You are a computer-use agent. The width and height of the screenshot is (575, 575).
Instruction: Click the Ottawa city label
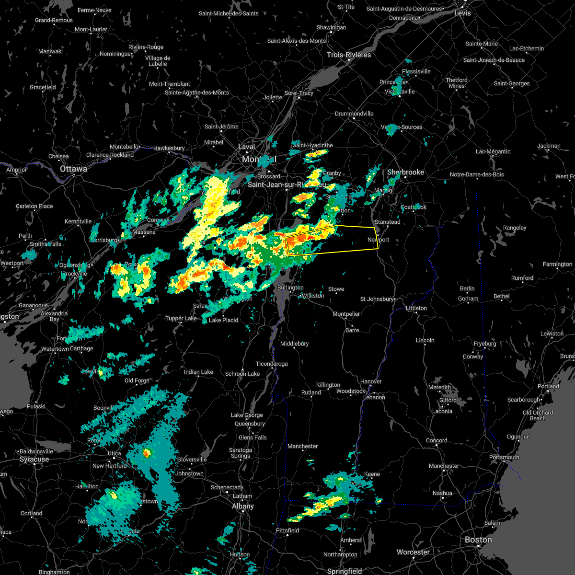(73, 169)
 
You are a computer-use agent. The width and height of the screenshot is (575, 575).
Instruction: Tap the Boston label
(478, 540)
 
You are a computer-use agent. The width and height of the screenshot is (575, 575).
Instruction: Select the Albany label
(243, 506)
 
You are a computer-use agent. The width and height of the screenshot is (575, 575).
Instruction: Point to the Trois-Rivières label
(349, 55)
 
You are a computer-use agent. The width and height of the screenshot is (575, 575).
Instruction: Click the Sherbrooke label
(405, 172)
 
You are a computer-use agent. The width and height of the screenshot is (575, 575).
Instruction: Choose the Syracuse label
(34, 459)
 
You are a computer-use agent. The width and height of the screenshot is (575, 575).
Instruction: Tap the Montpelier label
(346, 314)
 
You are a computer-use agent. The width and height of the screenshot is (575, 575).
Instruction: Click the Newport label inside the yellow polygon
(379, 240)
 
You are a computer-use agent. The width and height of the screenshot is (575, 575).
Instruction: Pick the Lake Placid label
(223, 320)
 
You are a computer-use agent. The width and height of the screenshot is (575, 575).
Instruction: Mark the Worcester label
(413, 552)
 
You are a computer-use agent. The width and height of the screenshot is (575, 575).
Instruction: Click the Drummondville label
(354, 114)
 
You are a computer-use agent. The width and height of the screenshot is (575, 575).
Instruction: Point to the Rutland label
(311, 392)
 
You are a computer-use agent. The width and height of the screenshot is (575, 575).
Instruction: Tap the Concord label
(437, 441)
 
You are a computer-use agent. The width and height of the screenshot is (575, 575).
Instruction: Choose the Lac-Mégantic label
(493, 152)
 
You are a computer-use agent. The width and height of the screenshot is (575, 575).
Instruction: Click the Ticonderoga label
(272, 364)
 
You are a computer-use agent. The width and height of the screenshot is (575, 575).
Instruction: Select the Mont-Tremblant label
(170, 84)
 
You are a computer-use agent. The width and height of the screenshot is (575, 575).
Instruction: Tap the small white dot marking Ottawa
(74, 175)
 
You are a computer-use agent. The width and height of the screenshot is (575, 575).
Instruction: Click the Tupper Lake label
(181, 319)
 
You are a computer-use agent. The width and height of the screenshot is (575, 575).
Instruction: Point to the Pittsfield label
(287, 530)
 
